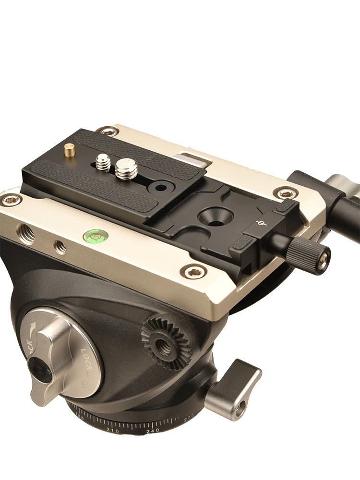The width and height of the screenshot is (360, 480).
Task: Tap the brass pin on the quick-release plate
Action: click(x=70, y=150)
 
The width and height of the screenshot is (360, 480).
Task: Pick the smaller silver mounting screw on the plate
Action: click(x=103, y=162)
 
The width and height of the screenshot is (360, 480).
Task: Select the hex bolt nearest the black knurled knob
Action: click(x=286, y=193)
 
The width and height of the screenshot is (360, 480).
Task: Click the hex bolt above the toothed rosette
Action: click(x=194, y=272)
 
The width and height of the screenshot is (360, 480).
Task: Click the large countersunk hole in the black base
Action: click(x=212, y=214)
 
